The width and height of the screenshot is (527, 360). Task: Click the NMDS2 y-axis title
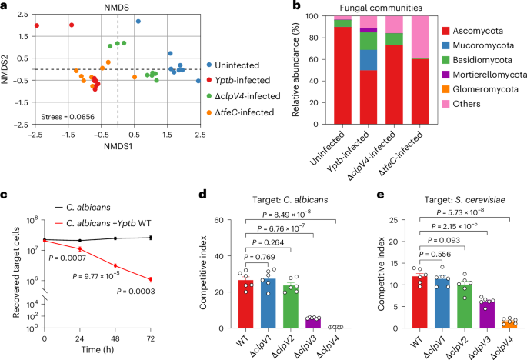click(x=8, y=69)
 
